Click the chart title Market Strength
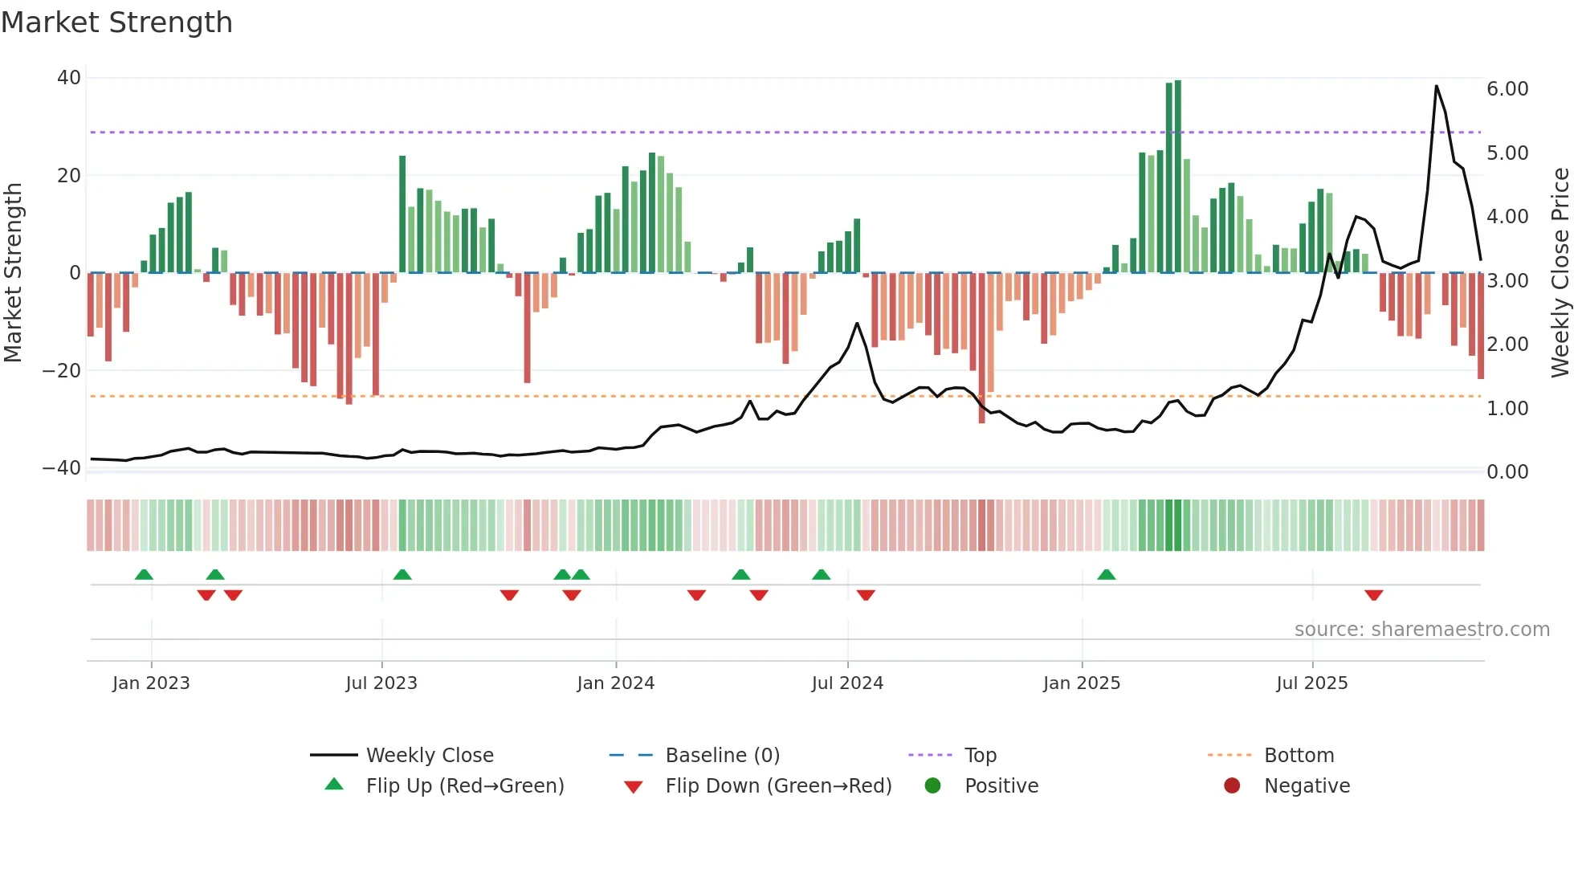point(116,22)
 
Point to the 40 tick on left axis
point(69,78)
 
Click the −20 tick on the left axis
point(63,371)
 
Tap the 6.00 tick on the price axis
point(1507,89)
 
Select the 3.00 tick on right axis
point(1507,281)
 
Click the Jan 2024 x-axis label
point(615,683)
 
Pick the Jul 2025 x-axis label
point(1311,683)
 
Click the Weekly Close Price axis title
point(1560,273)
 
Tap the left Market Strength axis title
point(14,273)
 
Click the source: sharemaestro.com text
point(1421,630)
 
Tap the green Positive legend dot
point(932,786)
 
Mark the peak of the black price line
point(1436,86)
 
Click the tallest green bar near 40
point(1177,177)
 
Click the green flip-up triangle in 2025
point(1106,575)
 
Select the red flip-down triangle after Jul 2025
point(1373,595)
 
